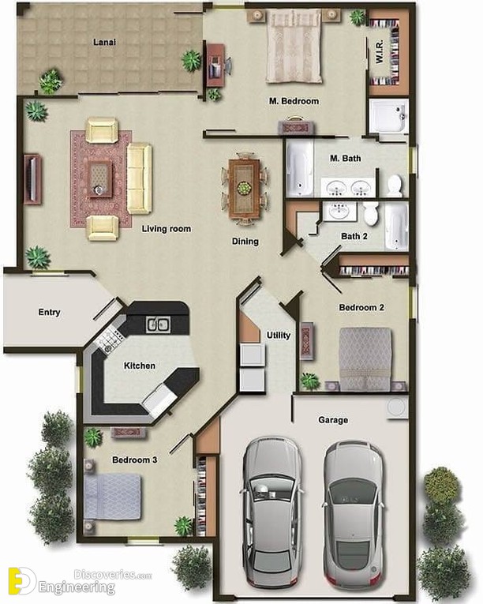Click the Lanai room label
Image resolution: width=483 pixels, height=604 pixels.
pyautogui.click(x=104, y=42)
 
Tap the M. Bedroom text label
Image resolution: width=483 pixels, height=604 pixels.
pyautogui.click(x=294, y=101)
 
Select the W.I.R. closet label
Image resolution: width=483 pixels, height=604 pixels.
pyautogui.click(x=380, y=51)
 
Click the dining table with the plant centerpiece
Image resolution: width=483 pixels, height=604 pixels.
pyautogui.click(x=244, y=189)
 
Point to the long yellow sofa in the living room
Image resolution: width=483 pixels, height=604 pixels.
pyautogui.click(x=140, y=178)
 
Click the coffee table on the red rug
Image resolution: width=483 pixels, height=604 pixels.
pyautogui.click(x=100, y=179)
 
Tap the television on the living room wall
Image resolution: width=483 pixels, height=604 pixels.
pyautogui.click(x=32, y=178)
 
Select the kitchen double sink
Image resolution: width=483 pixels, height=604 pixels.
pyautogui.click(x=158, y=325)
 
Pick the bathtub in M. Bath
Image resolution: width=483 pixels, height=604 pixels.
pyautogui.click(x=300, y=167)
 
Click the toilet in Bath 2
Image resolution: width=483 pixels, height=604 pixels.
pyautogui.click(x=371, y=213)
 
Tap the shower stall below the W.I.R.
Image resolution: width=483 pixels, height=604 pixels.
pyautogui.click(x=388, y=116)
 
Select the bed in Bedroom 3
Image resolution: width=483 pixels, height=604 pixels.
pyautogui.click(x=113, y=497)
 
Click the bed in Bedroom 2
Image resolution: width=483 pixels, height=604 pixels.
pyautogui.click(x=365, y=358)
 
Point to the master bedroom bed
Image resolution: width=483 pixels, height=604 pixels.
pyautogui.click(x=294, y=46)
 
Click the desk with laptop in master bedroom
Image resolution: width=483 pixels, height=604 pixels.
pyautogui.click(x=215, y=65)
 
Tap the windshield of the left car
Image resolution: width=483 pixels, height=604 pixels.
pyautogui.click(x=271, y=489)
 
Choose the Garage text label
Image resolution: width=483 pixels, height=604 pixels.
pyautogui.click(x=333, y=420)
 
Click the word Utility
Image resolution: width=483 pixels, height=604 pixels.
pyautogui.click(x=279, y=336)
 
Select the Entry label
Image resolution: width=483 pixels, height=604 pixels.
pyautogui.click(x=49, y=313)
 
